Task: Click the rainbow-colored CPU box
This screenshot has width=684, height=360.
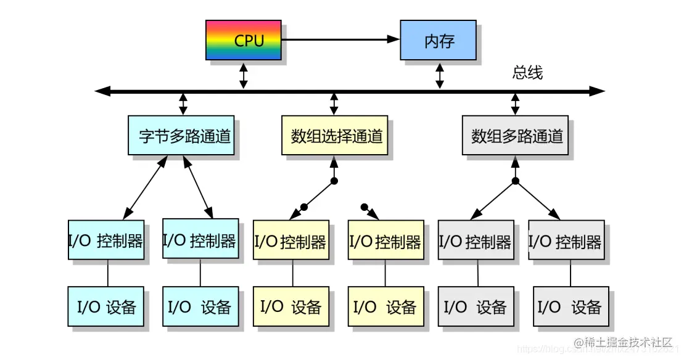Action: [243, 41]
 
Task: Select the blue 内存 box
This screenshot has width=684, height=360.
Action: [439, 41]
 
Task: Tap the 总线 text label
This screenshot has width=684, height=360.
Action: [527, 73]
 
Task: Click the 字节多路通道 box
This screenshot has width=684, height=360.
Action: [181, 136]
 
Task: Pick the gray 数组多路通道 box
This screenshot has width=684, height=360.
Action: [516, 136]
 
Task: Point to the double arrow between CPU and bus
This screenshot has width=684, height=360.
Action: [244, 75]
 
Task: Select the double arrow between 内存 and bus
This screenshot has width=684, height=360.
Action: [440, 75]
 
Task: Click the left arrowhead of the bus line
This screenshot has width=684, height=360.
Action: [102, 92]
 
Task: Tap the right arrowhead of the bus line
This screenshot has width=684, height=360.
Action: [597, 92]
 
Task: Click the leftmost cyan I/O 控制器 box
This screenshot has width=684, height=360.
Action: [106, 240]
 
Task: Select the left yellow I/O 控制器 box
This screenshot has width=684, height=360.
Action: [290, 242]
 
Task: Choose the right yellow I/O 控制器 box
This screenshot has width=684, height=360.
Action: [385, 242]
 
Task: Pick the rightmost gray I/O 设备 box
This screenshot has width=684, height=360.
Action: [570, 306]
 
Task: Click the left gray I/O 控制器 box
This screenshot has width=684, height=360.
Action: [476, 242]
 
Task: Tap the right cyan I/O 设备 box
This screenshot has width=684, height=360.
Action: [200, 306]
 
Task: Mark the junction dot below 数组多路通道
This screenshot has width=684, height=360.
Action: [516, 181]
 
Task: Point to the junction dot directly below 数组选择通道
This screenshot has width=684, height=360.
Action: [334, 181]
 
